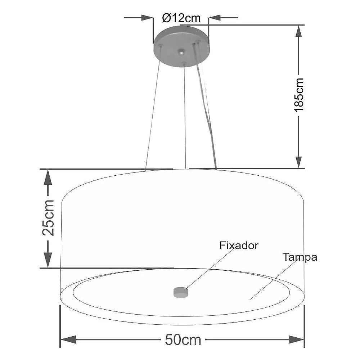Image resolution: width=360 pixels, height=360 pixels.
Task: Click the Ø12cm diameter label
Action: point(181,18)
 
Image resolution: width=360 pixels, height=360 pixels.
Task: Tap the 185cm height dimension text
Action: point(299,95)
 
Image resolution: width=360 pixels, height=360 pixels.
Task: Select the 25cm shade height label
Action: point(48,218)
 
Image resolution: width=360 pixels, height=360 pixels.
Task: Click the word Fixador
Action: point(239,246)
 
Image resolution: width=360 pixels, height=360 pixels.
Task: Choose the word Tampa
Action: point(300,257)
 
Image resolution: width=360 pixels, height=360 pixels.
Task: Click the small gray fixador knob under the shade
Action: point(181,292)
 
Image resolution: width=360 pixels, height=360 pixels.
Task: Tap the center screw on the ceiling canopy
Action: point(181,52)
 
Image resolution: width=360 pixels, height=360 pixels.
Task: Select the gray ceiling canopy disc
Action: point(181,47)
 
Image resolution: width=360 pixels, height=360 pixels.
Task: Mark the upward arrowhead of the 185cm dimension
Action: point(298,31)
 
